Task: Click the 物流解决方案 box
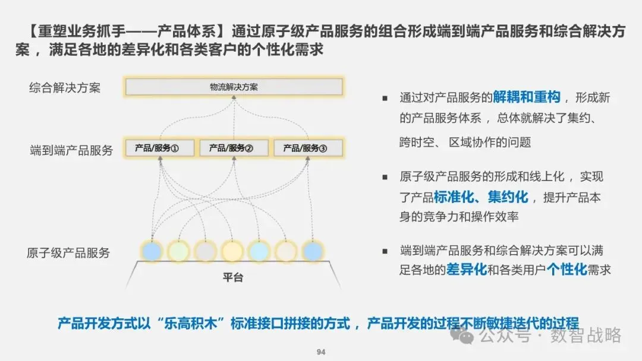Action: [x=234, y=87]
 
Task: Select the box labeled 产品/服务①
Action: [x=160, y=148]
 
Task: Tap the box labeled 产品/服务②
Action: [x=234, y=148]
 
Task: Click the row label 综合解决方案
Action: [x=65, y=88]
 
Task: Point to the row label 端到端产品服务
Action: [x=71, y=150]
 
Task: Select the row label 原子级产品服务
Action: [x=68, y=252]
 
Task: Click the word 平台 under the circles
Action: [x=233, y=277]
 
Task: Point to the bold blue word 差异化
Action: [x=466, y=270]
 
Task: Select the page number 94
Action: [x=321, y=352]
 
